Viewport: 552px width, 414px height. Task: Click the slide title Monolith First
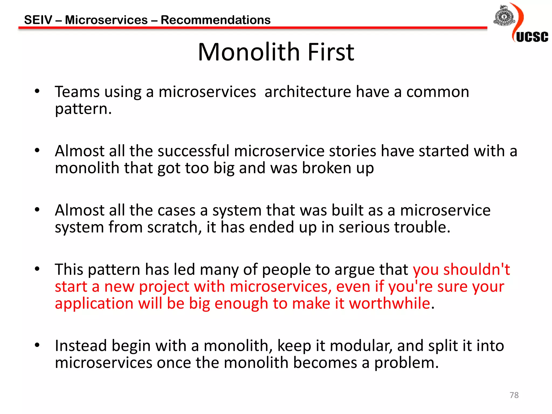[x=276, y=52]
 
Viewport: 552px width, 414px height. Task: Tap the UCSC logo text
[x=532, y=37]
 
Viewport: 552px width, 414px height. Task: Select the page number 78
[x=514, y=395]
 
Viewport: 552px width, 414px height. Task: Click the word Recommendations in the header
[x=216, y=20]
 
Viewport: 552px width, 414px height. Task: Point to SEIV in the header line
[x=38, y=20]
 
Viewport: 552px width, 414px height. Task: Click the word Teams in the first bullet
[x=77, y=92]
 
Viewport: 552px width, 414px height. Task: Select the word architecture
[x=308, y=92]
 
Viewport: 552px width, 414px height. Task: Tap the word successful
[x=193, y=151]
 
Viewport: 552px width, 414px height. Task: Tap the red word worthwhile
[x=389, y=303]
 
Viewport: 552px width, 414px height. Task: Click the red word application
[x=94, y=304]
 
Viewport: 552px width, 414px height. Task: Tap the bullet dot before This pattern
[x=37, y=269]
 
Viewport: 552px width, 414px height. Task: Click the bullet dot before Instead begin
[x=37, y=345]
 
